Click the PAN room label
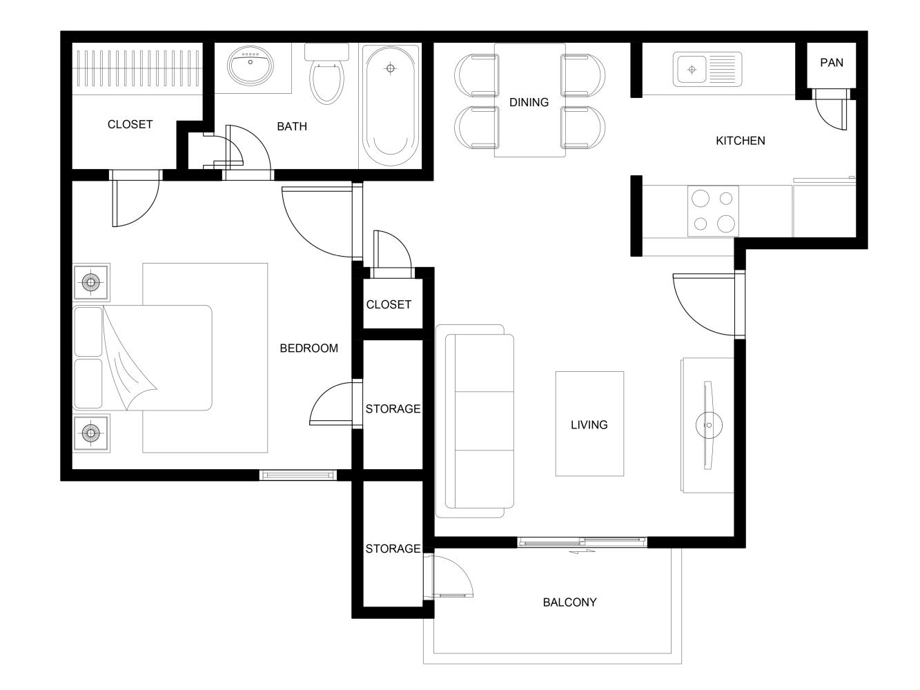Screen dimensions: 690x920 [x=831, y=62]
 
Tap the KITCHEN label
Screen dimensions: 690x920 [x=740, y=141]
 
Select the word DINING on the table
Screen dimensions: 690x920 [x=529, y=102]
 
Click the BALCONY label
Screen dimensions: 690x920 [x=569, y=602]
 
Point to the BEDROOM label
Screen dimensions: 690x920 [x=309, y=348]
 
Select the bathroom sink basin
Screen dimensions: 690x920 [x=250, y=67]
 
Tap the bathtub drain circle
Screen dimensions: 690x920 [x=391, y=68]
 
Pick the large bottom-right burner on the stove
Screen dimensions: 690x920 [x=725, y=223]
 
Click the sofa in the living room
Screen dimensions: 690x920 [x=479, y=421]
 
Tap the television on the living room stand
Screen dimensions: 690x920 [x=708, y=425]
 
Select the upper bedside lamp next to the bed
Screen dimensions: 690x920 [x=91, y=282]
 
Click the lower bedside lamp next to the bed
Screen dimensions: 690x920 [x=91, y=433]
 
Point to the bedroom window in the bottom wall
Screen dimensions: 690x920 [x=298, y=475]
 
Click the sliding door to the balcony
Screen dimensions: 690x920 [x=582, y=542]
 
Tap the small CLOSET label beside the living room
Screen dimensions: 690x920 [x=389, y=304]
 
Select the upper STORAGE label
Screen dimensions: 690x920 [x=393, y=409]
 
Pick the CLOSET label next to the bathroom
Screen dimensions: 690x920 [x=130, y=124]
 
